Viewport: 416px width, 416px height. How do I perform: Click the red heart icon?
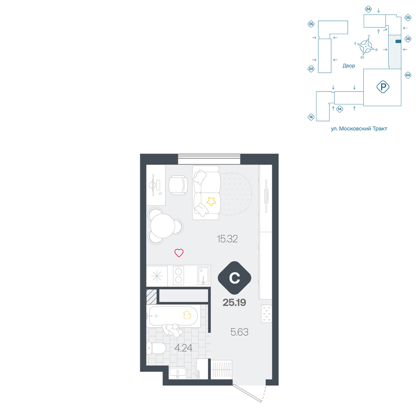pos(179,253)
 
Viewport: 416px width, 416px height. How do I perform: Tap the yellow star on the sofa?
pos(211,201)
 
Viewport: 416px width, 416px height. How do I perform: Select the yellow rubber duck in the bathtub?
pos(187,314)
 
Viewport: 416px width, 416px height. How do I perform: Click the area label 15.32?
pos(227,239)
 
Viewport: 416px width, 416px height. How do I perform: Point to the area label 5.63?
pos(239,332)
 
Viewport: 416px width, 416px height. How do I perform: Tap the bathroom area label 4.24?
pos(183,347)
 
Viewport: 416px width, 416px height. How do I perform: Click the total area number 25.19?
pos(234,302)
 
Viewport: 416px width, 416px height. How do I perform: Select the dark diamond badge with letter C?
pos(234,278)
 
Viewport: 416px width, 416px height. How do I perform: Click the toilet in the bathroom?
pos(156,348)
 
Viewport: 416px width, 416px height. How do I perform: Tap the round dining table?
pos(163,226)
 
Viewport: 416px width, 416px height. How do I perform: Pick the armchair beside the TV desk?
pos(178,185)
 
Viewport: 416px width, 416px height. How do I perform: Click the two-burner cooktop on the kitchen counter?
pos(178,275)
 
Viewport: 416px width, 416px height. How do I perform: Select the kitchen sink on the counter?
pos(203,276)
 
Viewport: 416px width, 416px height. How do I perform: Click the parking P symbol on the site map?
pos(383,87)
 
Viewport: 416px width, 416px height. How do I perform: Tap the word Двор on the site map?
pos(349,66)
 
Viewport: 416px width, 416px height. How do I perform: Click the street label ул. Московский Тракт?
pos(359,129)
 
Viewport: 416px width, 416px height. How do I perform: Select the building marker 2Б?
pos(311,24)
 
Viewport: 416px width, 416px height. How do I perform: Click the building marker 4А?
pos(408,75)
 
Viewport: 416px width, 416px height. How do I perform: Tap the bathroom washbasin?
pos(178,372)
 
